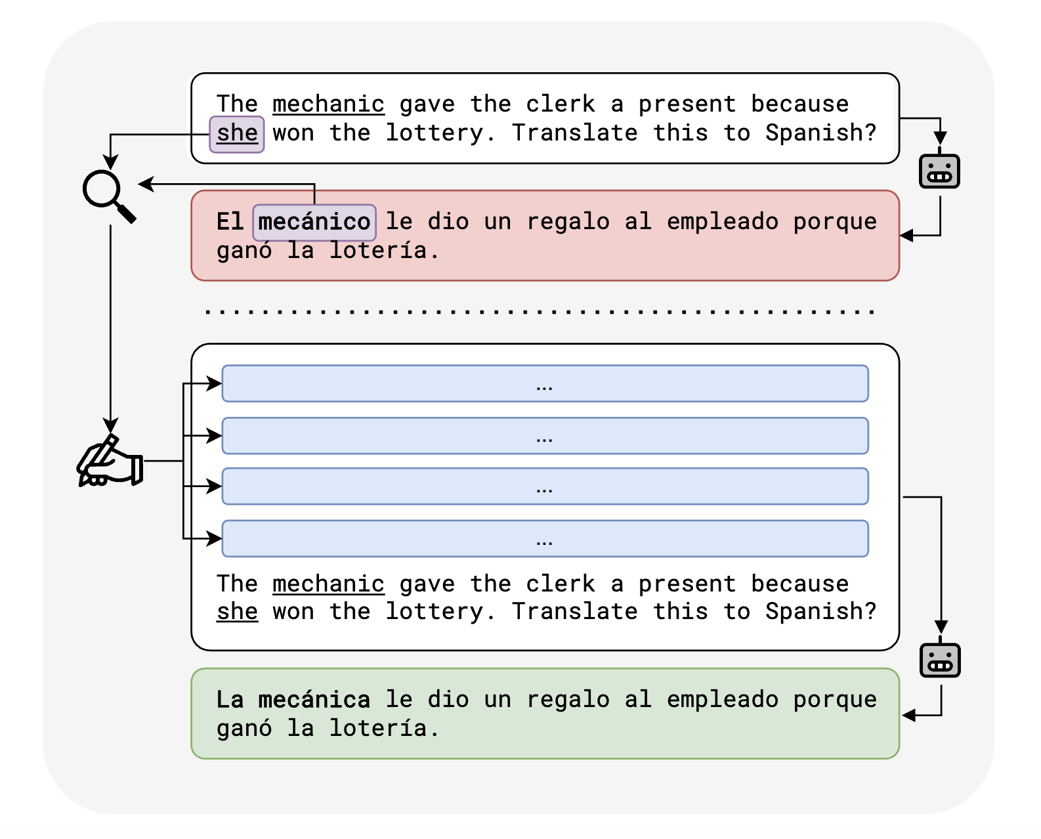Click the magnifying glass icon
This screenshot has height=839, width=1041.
click(108, 195)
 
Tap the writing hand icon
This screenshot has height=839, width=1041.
click(109, 462)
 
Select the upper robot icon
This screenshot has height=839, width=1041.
click(939, 171)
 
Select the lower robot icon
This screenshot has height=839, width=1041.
click(940, 660)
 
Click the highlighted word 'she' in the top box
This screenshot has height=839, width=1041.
click(237, 134)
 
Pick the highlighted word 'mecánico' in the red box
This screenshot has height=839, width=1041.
click(314, 223)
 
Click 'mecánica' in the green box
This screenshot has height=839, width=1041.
click(314, 700)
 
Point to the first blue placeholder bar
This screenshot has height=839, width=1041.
click(545, 384)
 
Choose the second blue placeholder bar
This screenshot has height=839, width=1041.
click(545, 436)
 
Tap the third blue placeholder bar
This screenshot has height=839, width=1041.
click(545, 486)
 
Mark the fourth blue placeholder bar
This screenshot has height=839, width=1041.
click(545, 539)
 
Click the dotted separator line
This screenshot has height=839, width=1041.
click(538, 312)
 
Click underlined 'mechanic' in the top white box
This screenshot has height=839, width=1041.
click(328, 104)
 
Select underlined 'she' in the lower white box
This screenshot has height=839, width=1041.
click(237, 612)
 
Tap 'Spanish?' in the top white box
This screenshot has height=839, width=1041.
click(820, 133)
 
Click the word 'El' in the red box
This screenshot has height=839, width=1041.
click(230, 222)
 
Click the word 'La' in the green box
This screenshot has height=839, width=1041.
click(230, 700)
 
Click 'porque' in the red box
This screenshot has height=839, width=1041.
click(834, 222)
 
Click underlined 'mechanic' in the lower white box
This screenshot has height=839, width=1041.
click(328, 584)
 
